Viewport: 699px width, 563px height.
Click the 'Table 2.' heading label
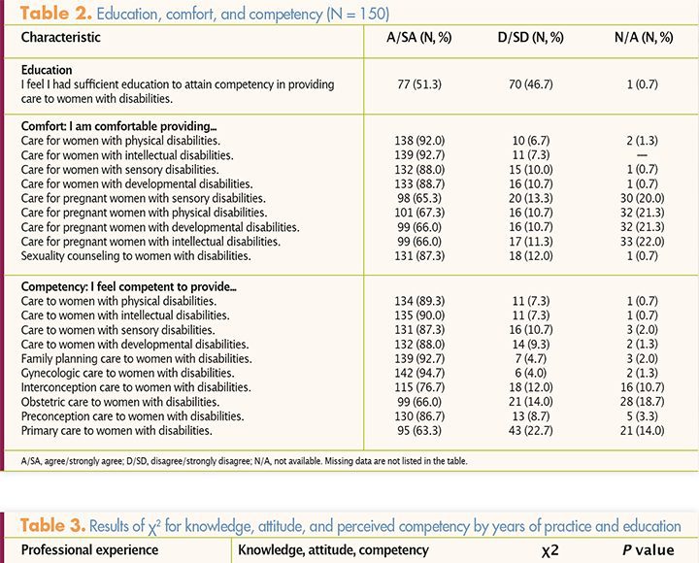55,14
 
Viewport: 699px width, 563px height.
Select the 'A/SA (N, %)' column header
419,38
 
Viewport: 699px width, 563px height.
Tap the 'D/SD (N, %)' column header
530,38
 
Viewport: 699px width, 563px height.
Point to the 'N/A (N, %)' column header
644,38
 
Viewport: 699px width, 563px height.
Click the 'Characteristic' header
60,37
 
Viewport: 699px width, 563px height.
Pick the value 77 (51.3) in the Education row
419,84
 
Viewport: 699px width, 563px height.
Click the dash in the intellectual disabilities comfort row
643,155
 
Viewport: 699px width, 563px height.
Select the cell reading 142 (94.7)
419,373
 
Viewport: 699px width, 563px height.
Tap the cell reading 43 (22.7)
531,431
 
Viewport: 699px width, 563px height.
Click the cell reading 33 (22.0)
643,242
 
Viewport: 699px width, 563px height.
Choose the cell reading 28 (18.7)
643,402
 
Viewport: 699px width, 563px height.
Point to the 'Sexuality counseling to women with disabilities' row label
136,256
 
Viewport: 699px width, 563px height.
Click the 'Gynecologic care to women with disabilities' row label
127,373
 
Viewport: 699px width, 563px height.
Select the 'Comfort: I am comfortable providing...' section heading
119,126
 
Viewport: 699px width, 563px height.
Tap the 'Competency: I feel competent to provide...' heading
129,286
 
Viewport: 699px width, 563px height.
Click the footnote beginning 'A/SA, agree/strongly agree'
245,461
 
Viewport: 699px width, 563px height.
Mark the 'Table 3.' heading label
52,525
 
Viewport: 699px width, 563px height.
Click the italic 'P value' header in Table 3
649,550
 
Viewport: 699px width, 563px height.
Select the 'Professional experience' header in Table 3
89,550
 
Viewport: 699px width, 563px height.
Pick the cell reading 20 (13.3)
531,198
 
